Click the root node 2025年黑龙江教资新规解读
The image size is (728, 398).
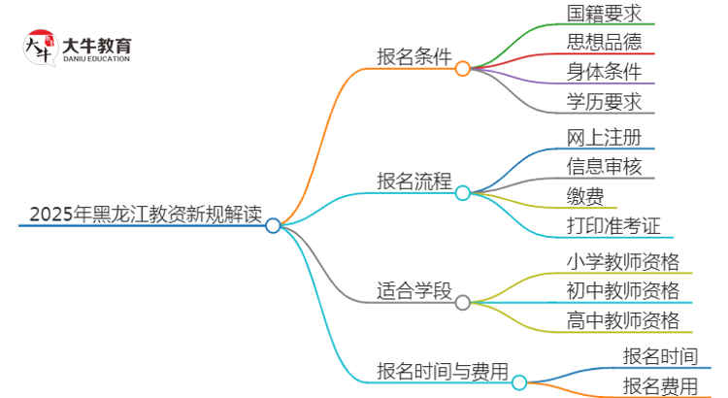146,215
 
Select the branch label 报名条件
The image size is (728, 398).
414,57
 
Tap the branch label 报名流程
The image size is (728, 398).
414,182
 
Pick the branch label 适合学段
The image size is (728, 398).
414,290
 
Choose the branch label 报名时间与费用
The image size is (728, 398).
443,371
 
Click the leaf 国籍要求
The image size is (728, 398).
604,14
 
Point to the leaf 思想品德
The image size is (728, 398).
604,43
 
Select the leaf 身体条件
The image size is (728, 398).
604,72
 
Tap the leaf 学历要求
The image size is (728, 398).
604,101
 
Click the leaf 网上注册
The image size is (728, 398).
604,136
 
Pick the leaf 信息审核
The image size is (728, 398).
604,166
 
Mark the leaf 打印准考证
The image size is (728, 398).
613,226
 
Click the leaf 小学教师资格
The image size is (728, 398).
622,261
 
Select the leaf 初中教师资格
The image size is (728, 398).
622,290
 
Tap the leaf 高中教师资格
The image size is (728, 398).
622,320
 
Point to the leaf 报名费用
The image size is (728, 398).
660,385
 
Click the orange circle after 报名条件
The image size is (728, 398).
463,69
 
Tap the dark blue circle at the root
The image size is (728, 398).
273,225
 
